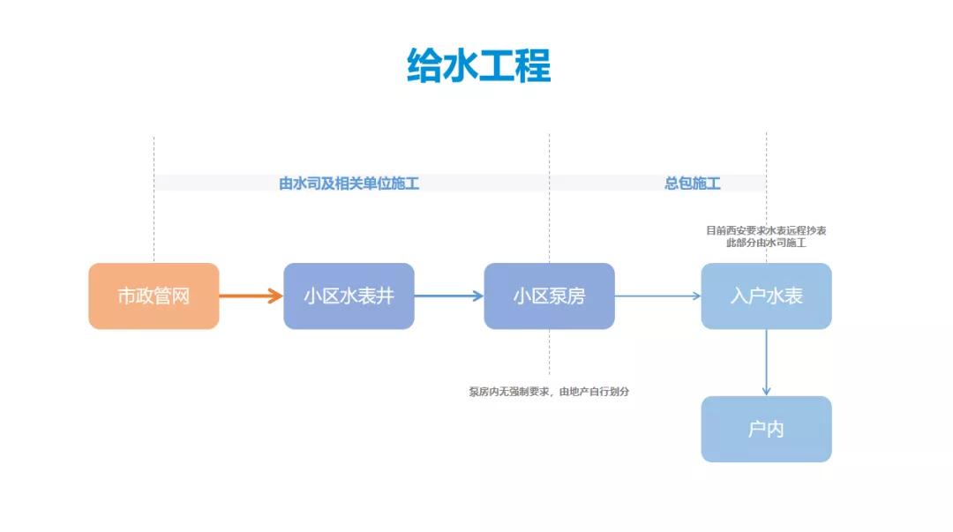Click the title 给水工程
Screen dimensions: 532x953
point(478,66)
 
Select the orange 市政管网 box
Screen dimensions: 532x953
point(154,296)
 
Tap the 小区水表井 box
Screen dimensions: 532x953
point(349,296)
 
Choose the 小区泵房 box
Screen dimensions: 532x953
point(549,296)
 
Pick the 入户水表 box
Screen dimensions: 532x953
point(766,296)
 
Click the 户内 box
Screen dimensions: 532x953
point(766,430)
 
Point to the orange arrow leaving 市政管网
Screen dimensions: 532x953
point(251,296)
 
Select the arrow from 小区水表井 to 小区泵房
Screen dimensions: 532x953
point(448,296)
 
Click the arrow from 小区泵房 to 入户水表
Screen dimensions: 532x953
point(657,296)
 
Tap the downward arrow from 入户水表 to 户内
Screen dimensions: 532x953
point(766,362)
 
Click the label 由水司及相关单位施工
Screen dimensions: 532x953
point(349,184)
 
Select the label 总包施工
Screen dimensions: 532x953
point(693,184)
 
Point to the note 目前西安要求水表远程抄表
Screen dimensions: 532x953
point(766,230)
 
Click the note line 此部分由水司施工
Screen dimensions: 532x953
point(766,243)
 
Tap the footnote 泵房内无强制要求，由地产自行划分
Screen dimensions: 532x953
point(549,392)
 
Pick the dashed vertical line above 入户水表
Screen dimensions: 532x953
point(766,159)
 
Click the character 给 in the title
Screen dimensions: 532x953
point(424,66)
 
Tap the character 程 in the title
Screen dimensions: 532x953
point(533,66)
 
